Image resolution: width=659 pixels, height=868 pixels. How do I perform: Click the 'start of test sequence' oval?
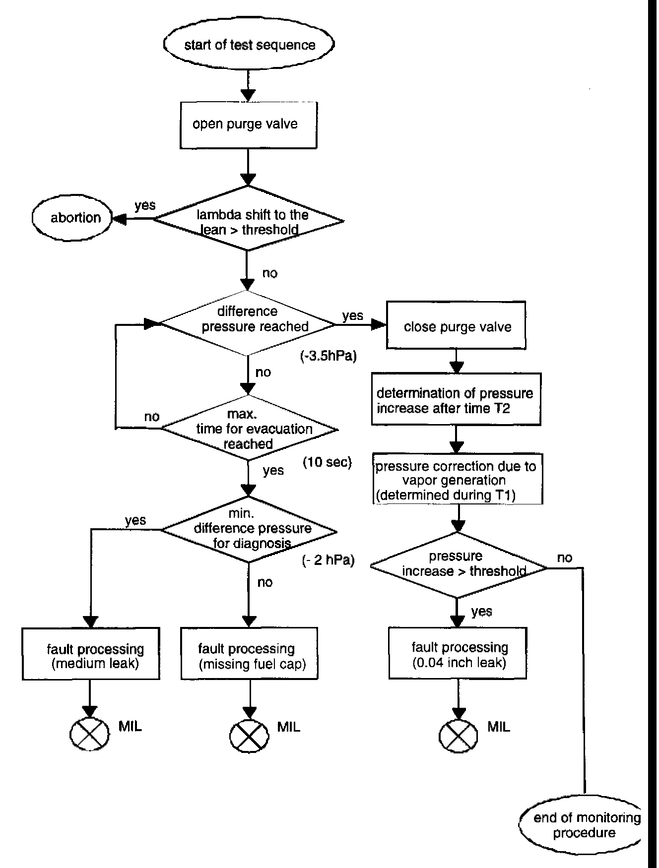(249, 45)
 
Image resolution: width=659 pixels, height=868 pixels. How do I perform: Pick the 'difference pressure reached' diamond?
(247, 322)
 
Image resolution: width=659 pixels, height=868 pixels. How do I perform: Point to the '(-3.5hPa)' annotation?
(329, 356)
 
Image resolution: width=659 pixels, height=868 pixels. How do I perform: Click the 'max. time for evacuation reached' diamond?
(249, 429)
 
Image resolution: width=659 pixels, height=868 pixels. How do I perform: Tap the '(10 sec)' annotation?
(327, 462)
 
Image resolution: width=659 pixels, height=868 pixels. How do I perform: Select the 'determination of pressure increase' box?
(456, 401)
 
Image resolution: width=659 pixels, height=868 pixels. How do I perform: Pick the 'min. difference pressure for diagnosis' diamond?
(249, 530)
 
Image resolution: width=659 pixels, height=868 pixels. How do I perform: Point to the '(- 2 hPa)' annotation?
(328, 561)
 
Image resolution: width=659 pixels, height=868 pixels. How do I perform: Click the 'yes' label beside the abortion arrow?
(144, 205)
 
